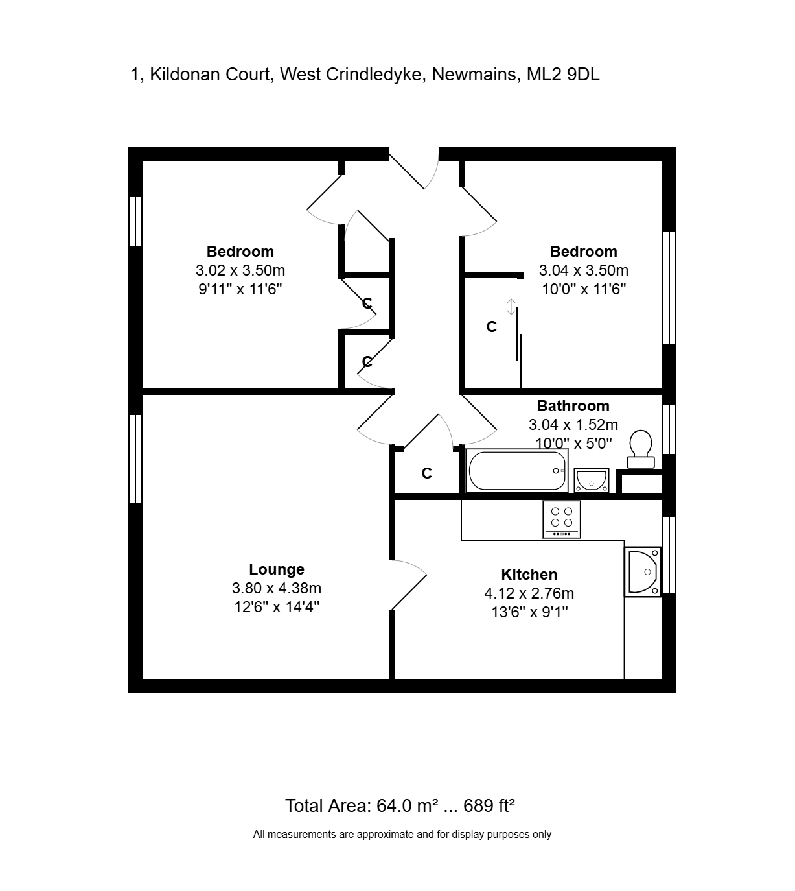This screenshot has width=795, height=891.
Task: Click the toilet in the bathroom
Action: pyautogui.click(x=640, y=449)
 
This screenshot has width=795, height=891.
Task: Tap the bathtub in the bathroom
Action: pyautogui.click(x=517, y=471)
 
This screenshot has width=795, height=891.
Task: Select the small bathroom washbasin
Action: pyautogui.click(x=591, y=480)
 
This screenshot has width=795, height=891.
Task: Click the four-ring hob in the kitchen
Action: pyautogui.click(x=562, y=519)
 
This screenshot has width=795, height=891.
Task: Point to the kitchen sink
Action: pyautogui.click(x=643, y=572)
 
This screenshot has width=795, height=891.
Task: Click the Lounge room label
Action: pyautogui.click(x=277, y=569)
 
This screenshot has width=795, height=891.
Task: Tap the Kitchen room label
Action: pyautogui.click(x=529, y=575)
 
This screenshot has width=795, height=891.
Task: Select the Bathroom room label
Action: pyautogui.click(x=573, y=405)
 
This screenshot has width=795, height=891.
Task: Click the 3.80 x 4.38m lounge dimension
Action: pyautogui.click(x=277, y=588)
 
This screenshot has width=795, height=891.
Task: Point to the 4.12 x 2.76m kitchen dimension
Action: pyautogui.click(x=529, y=593)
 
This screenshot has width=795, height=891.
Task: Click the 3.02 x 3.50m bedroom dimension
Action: pyautogui.click(x=240, y=270)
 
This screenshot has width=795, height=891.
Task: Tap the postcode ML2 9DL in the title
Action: pyautogui.click(x=563, y=75)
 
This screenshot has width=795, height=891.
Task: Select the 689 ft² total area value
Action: pyautogui.click(x=489, y=805)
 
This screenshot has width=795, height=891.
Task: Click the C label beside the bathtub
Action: pyautogui.click(x=426, y=473)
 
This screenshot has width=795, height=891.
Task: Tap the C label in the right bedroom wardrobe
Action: pyautogui.click(x=491, y=327)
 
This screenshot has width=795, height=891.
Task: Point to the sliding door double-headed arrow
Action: pyautogui.click(x=511, y=307)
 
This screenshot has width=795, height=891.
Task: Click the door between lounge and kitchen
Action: pyautogui.click(x=408, y=585)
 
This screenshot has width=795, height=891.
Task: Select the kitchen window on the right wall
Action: pyautogui.click(x=669, y=555)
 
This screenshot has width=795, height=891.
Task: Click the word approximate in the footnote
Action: pyautogui.click(x=386, y=835)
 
